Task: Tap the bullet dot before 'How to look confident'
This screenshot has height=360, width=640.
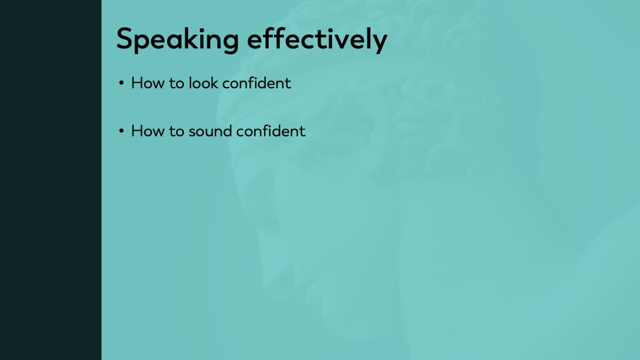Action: pyautogui.click(x=122, y=83)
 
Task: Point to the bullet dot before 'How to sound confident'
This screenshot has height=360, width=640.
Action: pyautogui.click(x=122, y=131)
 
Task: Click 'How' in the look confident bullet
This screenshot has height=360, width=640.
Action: pyautogui.click(x=148, y=83)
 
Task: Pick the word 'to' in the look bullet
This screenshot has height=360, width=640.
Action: pyautogui.click(x=177, y=84)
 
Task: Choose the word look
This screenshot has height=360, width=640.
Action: pyautogui.click(x=204, y=83)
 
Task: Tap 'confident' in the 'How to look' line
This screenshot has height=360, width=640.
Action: pyautogui.click(x=257, y=83)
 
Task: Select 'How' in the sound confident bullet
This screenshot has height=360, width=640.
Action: pyautogui.click(x=148, y=131)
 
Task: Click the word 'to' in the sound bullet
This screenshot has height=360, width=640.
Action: pyautogui.click(x=177, y=132)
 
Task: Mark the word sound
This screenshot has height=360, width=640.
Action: pyautogui.click(x=210, y=131)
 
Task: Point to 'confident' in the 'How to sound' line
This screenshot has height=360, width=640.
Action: pyautogui.click(x=271, y=131)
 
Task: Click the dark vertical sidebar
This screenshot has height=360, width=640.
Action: pyautogui.click(x=51, y=180)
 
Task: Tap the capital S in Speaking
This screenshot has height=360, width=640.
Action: pyautogui.click(x=124, y=38)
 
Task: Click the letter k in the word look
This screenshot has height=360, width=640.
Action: pyautogui.click(x=215, y=83)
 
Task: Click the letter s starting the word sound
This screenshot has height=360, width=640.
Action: pyautogui.click(x=192, y=133)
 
